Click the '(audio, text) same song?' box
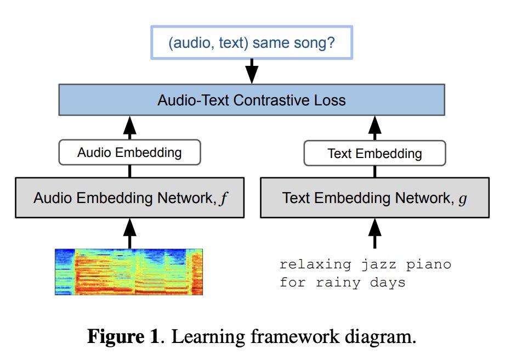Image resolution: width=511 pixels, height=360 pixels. [x=252, y=42]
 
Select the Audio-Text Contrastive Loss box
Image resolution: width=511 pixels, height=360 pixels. [x=252, y=100]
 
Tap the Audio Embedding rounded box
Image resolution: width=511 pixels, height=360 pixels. [x=130, y=152]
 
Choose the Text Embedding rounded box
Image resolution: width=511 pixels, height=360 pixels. [x=375, y=153]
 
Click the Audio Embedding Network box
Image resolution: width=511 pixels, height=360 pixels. [x=130, y=198]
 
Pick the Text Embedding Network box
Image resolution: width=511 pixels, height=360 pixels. [x=375, y=198]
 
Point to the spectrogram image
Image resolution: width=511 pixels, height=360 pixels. [x=129, y=272]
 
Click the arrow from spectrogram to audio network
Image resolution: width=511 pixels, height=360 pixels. [x=130, y=233]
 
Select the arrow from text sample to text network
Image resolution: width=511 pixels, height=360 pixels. [x=375, y=233]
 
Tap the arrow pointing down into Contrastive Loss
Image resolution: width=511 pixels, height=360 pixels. [x=252, y=71]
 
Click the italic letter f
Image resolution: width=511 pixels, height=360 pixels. [x=224, y=198]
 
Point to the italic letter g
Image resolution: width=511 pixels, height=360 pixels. [x=463, y=199]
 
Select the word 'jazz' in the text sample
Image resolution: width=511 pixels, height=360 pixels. [x=379, y=265]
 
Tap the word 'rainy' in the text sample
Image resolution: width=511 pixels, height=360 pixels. [x=338, y=283]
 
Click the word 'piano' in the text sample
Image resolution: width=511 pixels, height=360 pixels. [x=429, y=265]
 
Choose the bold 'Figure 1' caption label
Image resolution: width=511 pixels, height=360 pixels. [x=123, y=336]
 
